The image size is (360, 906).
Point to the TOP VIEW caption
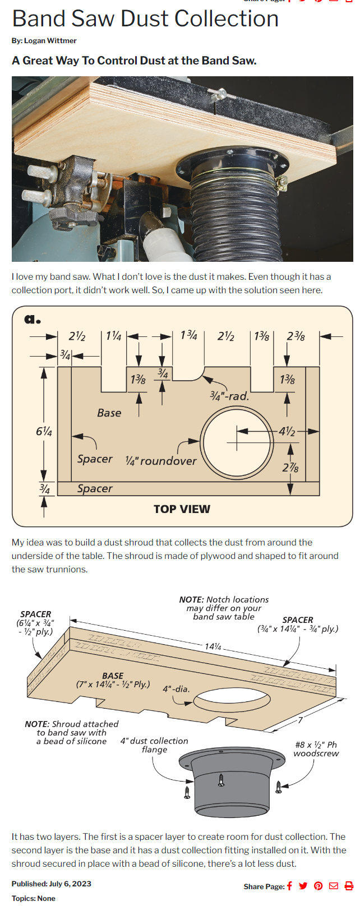click(182, 509)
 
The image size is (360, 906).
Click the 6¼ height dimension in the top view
click(44, 431)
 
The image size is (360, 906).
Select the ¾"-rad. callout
click(229, 396)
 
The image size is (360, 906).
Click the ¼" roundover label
click(161, 461)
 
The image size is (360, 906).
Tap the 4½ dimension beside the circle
click(287, 431)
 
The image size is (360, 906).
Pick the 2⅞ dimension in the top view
click(290, 468)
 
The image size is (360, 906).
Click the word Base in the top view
click(109, 413)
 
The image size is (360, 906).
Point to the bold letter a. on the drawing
click(32, 320)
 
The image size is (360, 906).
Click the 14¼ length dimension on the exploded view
click(213, 646)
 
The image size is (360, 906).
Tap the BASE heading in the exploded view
click(113, 676)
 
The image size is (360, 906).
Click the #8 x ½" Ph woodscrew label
click(316, 749)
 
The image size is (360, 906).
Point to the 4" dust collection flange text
click(154, 745)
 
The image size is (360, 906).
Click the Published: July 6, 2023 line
click(51, 884)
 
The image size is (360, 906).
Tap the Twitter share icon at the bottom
click(303, 886)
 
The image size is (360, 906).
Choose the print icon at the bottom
click(349, 886)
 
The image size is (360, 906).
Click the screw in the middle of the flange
click(221, 779)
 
